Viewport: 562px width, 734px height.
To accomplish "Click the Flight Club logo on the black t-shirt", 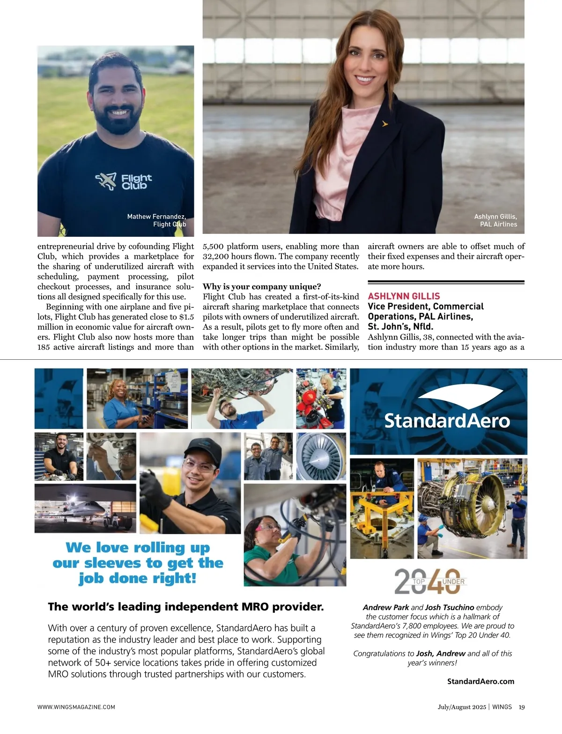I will (x=124, y=181).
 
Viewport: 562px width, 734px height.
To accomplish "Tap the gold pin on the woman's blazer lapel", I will (x=385, y=124).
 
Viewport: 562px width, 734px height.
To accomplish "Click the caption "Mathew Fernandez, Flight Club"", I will (x=156, y=220).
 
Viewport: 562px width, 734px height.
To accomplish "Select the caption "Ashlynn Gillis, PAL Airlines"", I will (x=495, y=220).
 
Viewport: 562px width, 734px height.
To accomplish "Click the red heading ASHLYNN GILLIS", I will (x=404, y=296).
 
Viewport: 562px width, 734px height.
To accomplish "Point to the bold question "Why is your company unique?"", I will (x=262, y=286).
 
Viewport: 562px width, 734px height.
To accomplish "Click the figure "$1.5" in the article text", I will (x=186, y=317).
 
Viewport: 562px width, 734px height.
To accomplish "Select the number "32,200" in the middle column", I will (x=217, y=256).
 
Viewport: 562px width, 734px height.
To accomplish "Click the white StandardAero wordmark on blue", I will (x=447, y=421).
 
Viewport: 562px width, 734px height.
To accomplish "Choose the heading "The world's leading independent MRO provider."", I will (x=186, y=607).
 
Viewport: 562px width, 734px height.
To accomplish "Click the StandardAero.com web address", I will (x=481, y=681).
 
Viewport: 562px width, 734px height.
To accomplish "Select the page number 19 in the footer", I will (x=521, y=707).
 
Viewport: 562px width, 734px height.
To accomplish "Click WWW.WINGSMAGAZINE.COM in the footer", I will (x=76, y=707).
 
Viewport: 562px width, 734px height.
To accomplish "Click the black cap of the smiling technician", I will (x=203, y=449).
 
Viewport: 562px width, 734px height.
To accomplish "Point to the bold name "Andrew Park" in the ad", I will (x=386, y=607).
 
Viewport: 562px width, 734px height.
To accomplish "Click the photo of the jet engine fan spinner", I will (x=321, y=456).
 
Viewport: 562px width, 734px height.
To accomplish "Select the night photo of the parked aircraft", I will (x=85, y=508).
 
